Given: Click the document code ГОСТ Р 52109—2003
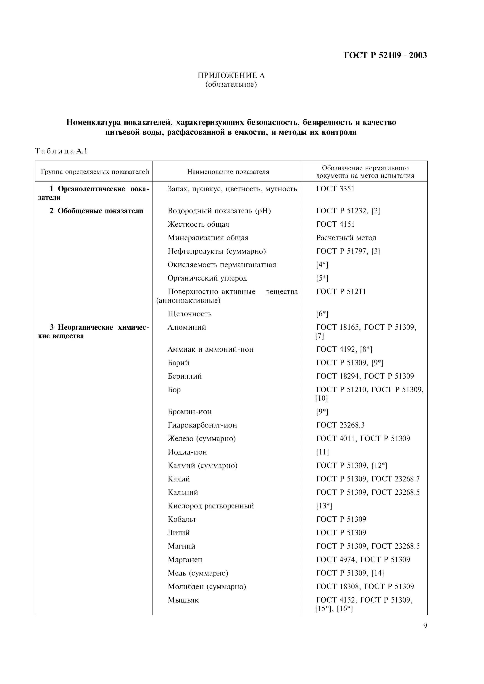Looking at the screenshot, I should point(385,55).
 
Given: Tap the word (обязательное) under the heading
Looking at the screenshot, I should point(231,85).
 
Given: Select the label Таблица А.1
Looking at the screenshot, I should point(61,151).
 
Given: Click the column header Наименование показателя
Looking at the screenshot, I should point(228,172).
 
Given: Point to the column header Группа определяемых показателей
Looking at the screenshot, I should point(95,172).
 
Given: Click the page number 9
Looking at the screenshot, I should point(425,626).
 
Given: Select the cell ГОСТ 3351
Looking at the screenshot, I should point(335,189).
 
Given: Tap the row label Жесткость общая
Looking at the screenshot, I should point(198,224).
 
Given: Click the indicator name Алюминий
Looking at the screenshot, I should point(187,327).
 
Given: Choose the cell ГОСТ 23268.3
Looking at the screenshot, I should point(340,425).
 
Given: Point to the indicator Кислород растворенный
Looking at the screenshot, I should point(211,506).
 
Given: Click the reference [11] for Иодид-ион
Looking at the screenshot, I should point(322,452).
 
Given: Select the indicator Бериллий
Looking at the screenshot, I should point(185,376).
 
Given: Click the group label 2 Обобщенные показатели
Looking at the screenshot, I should point(96,211).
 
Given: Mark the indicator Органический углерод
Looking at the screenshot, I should point(207,278).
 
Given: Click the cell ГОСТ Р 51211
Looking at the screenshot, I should point(341,292).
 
